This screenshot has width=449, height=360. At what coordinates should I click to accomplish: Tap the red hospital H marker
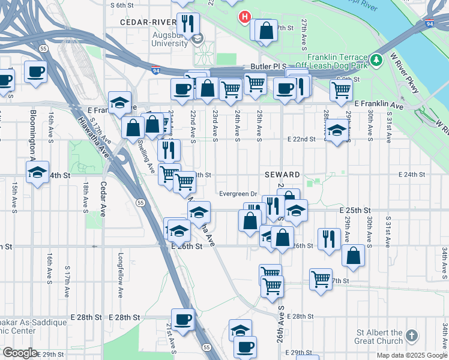[x=244, y=17]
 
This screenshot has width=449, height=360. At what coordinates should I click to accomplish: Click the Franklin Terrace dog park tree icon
[x=376, y=59]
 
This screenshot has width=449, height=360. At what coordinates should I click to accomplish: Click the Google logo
[x=20, y=353]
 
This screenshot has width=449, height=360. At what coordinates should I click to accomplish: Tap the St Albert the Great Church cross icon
[x=411, y=335]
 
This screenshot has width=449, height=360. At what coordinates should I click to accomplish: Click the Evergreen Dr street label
[x=238, y=194]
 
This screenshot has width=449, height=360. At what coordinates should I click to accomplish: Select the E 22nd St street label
[x=301, y=139]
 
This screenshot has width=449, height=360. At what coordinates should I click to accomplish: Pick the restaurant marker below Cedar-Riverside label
[x=188, y=25]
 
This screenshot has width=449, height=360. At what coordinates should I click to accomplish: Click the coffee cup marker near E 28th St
[x=182, y=319]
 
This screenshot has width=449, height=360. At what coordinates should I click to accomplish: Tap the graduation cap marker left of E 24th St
[x=38, y=172]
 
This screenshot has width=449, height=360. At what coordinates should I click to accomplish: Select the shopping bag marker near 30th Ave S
[x=354, y=254]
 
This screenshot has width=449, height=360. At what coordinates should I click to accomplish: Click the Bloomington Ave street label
[x=32, y=133]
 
